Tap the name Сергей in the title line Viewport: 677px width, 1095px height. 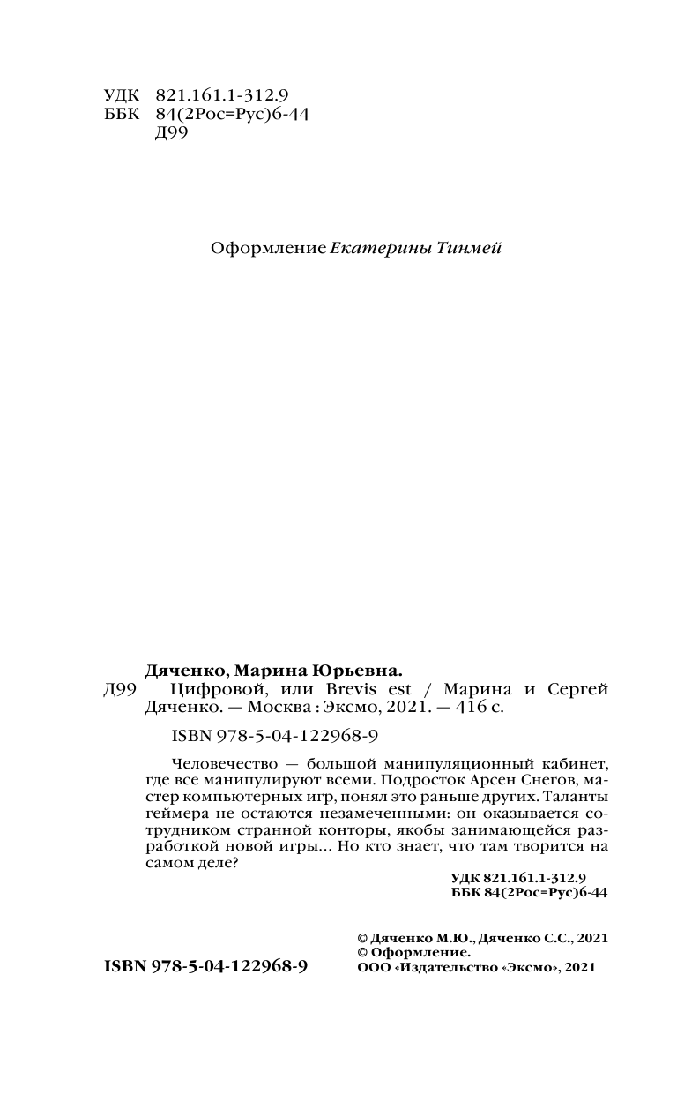tap(579, 689)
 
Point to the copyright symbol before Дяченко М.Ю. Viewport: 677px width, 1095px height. tap(360, 937)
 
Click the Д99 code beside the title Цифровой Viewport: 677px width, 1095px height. tap(120, 689)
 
